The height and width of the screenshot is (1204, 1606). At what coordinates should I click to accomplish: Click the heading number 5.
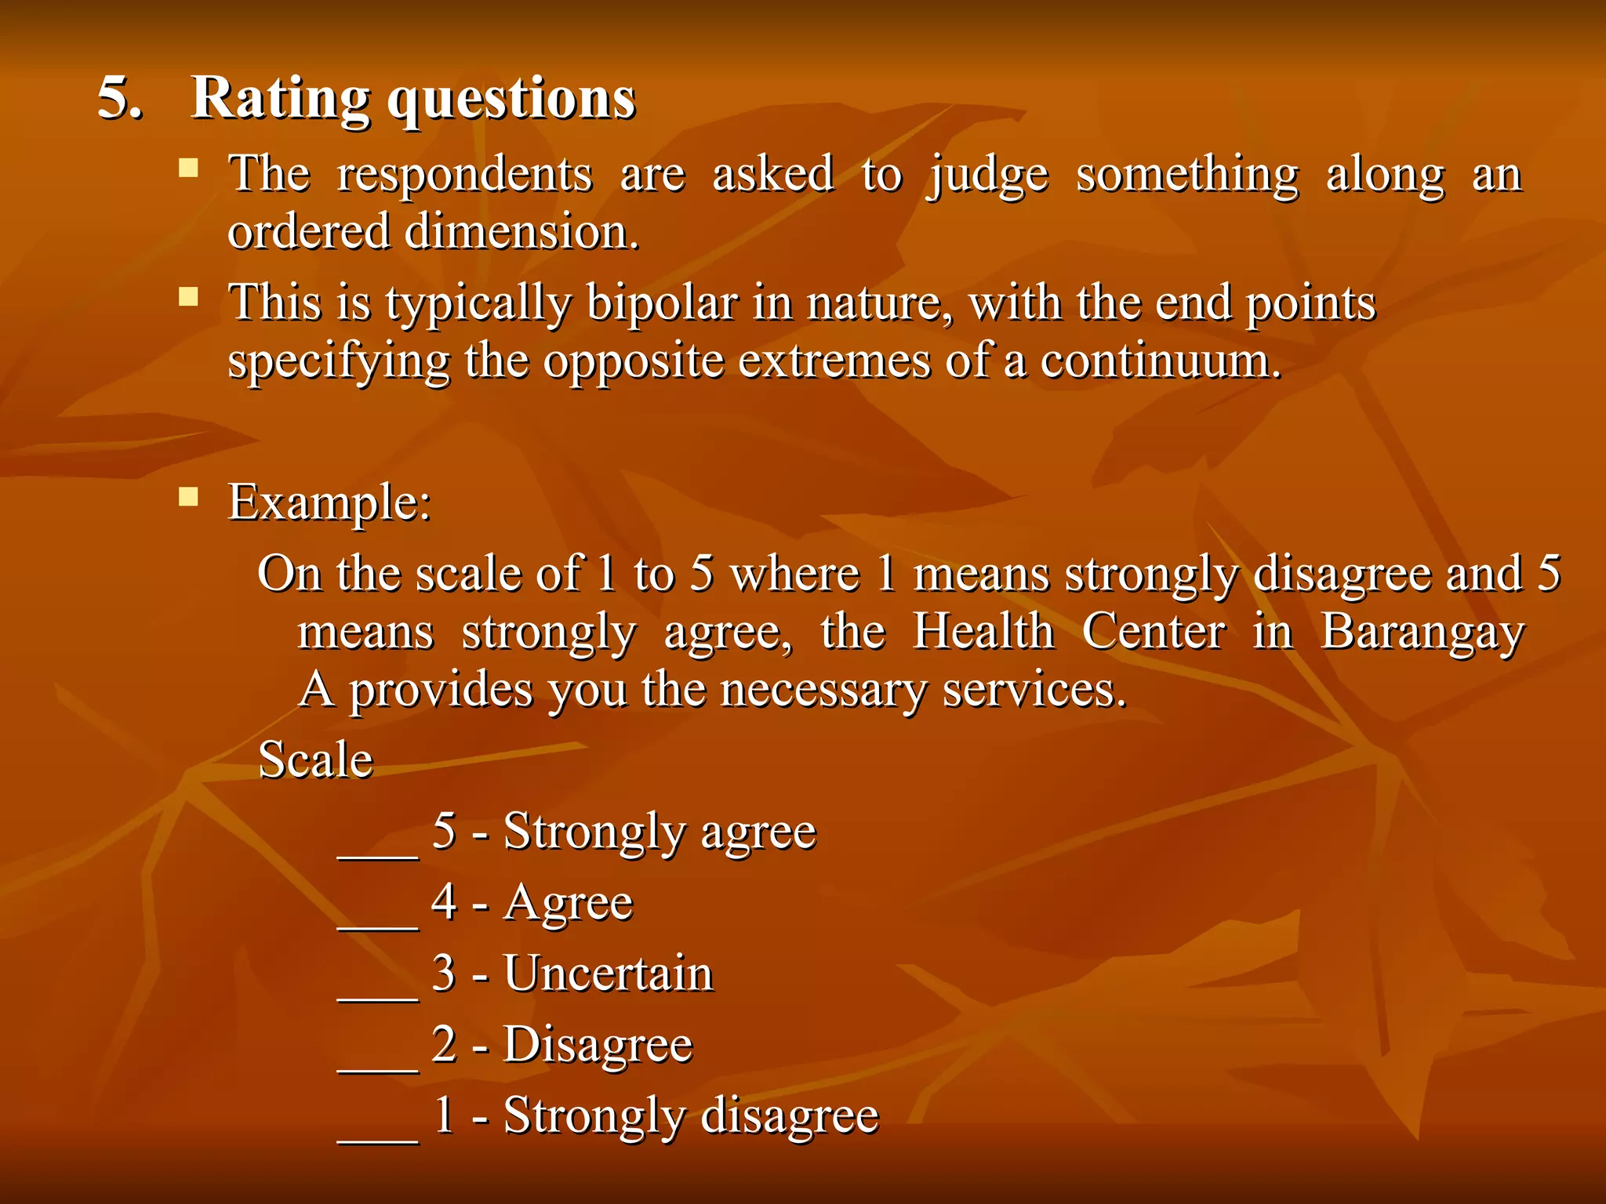tap(119, 100)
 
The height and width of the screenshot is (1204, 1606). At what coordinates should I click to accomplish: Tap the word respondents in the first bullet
tap(464, 176)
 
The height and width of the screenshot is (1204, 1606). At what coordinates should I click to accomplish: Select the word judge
tap(988, 176)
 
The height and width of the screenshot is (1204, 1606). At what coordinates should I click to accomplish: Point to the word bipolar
tap(662, 304)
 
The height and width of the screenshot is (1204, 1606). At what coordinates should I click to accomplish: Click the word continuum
tap(1161, 362)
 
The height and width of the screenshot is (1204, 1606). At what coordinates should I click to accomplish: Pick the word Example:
tap(329, 502)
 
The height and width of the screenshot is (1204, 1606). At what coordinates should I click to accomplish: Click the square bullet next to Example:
tap(188, 497)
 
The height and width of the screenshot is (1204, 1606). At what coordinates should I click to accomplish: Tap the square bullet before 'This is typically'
tap(188, 297)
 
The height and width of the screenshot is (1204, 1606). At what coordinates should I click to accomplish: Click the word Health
tap(983, 632)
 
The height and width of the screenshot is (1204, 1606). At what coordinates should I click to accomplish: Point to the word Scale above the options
tap(315, 760)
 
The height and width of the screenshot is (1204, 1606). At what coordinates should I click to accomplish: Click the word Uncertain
tap(608, 974)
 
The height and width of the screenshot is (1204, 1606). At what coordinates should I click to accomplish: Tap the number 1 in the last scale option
tap(444, 1115)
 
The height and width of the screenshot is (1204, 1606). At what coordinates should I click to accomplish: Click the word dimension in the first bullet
tap(521, 233)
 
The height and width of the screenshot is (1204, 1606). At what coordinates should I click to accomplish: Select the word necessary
tap(823, 691)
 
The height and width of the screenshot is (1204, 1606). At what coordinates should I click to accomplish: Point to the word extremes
tap(834, 362)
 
